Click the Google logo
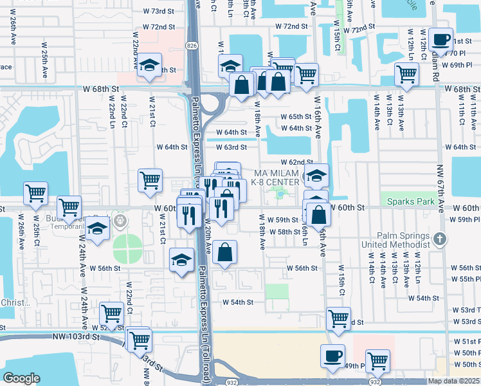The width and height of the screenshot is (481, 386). tap(21, 378)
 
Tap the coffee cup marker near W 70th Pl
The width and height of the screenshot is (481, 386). tap(441, 41)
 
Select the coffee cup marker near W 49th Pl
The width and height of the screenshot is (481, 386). tap(332, 355)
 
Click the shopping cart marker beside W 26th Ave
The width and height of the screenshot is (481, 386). tap(35, 192)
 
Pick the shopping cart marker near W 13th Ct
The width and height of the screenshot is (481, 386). tap(406, 74)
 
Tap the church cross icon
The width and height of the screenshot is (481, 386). tap(440, 239)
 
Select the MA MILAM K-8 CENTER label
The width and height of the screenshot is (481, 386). tap(277, 178)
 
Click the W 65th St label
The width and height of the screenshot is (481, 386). tap(296, 117)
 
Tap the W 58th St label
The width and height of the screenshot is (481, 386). tap(285, 232)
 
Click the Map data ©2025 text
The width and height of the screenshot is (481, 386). tap(454, 381)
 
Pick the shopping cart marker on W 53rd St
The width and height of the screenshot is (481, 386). tap(338, 318)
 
